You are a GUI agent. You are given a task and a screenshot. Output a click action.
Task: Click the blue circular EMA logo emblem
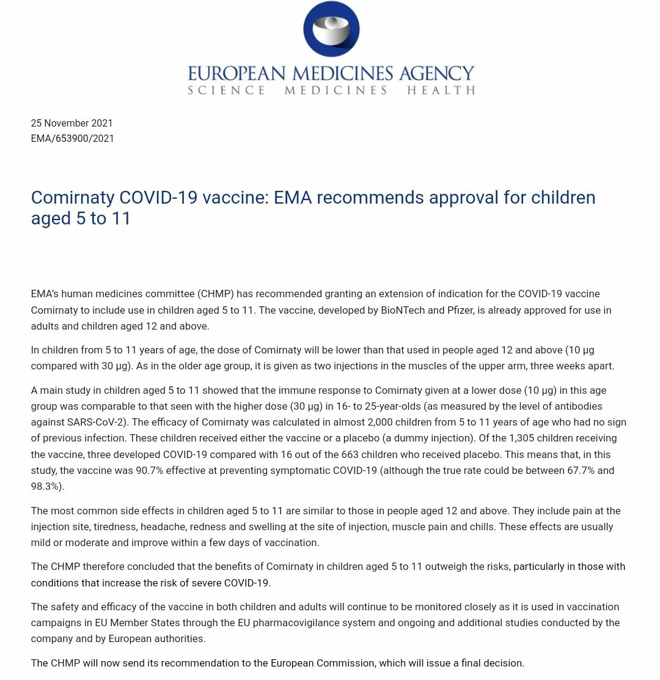pyautogui.click(x=331, y=29)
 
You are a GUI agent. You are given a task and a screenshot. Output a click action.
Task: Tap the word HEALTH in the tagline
pyautogui.click(x=441, y=91)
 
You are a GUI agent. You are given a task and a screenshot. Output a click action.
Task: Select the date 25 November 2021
pyautogui.click(x=72, y=123)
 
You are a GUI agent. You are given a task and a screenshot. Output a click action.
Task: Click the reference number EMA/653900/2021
pyautogui.click(x=73, y=138)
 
